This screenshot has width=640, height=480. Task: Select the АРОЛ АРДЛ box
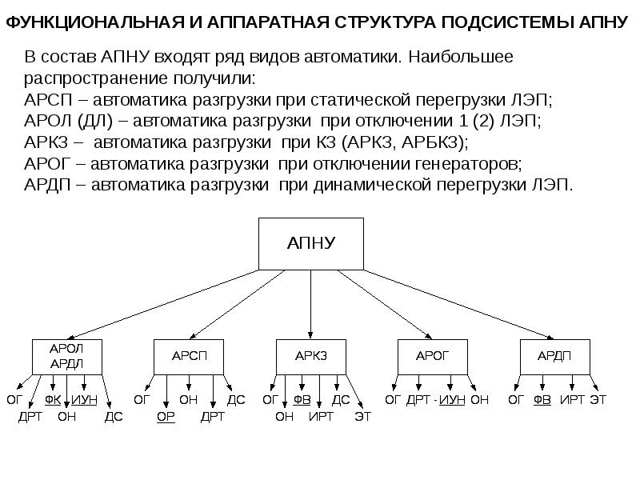[67, 356]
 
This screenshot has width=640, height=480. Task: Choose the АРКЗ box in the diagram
[311, 356]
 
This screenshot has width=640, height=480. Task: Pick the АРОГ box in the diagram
[434, 356]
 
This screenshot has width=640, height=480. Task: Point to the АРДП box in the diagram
[555, 356]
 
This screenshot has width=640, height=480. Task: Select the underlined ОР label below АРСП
[166, 416]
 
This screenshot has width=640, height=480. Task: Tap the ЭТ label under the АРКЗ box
[363, 416]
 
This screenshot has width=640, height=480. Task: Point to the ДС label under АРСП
[237, 399]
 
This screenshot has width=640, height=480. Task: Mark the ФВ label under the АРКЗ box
[302, 399]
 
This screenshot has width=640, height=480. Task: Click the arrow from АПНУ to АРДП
[448, 305]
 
